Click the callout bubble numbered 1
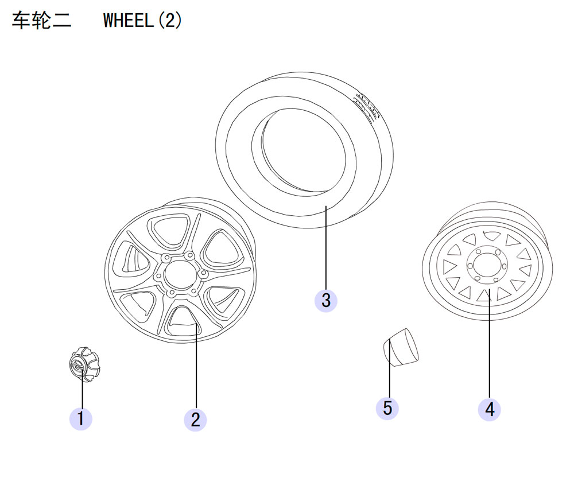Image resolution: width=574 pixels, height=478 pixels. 80,419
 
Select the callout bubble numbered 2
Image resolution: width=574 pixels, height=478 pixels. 195,420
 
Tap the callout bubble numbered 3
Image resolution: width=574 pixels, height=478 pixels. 326,301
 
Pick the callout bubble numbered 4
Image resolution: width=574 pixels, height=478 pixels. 490,409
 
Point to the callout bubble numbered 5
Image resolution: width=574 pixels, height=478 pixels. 387,408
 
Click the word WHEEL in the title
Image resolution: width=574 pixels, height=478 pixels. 129,21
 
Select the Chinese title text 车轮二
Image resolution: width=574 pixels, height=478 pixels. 41,21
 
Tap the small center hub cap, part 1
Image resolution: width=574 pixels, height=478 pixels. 84,364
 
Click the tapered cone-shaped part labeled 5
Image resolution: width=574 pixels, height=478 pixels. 401,347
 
